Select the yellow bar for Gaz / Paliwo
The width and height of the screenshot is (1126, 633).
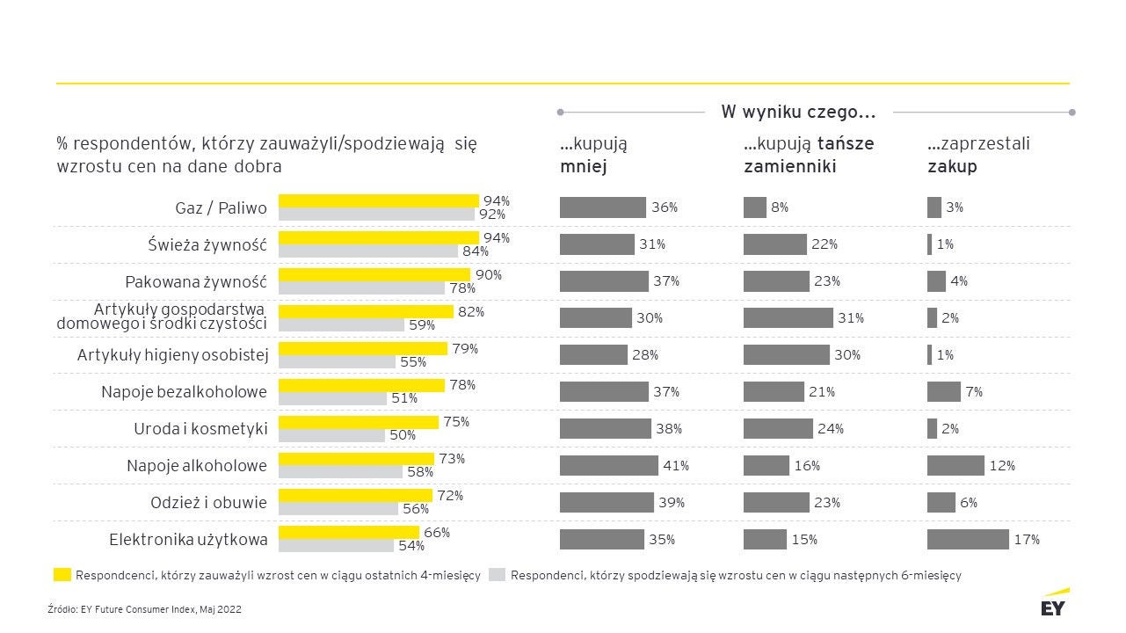coord(378,200)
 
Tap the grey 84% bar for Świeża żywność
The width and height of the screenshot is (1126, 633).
coord(367,251)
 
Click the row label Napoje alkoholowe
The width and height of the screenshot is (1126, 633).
coord(196,466)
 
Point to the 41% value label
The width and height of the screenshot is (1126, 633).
coord(676,466)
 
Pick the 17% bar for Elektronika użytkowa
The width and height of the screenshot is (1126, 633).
coord(968,539)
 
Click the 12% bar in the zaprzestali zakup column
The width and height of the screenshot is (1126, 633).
coord(955,465)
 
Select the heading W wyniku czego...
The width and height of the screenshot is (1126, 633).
coord(798,112)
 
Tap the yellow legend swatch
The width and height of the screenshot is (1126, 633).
coord(62,575)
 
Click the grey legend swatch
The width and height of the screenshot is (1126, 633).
coord(497,575)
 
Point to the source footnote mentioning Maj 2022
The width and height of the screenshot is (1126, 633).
coord(144,609)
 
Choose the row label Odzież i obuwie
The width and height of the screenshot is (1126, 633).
coord(208,503)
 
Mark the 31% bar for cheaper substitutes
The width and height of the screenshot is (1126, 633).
coord(788,317)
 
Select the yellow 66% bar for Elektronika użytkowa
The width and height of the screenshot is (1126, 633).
coord(348,532)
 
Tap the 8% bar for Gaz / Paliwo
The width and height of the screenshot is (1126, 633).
coord(754,207)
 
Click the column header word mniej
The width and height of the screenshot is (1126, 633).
coord(583,166)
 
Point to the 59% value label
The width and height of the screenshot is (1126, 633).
coord(422,324)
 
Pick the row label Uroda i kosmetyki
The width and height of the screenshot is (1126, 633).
coord(200,429)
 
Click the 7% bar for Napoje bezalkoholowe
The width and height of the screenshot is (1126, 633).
coord(943,391)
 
